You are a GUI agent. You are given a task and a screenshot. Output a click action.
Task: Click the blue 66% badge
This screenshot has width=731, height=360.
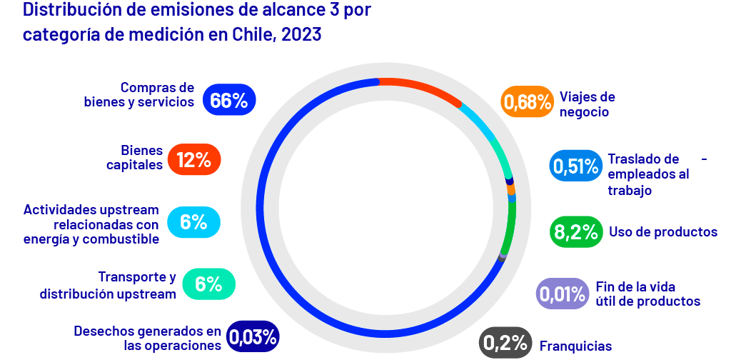point(229,101)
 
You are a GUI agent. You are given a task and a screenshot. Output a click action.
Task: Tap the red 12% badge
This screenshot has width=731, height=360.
point(194,160)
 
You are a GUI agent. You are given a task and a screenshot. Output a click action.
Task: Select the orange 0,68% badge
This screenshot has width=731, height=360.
point(528,102)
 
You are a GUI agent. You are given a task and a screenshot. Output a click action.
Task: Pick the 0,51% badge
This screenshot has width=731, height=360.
point(575,166)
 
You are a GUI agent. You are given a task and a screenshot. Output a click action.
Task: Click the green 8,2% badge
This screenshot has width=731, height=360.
point(575,232)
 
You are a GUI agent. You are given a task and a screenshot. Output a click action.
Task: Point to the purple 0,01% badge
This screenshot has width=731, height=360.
point(562,294)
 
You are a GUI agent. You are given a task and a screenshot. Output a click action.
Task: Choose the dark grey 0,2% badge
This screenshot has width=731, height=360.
point(505,343)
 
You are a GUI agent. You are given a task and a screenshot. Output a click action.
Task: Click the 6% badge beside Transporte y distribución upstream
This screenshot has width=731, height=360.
point(208,284)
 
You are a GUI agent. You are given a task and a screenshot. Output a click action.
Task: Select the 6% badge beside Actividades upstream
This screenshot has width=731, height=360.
point(193,222)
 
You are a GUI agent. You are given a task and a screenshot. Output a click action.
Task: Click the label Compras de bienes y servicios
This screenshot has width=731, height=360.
point(139,94)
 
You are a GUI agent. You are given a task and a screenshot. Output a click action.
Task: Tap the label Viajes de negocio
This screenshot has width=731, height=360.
point(587,104)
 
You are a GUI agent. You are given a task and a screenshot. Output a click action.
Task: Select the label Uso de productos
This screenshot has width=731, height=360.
point(662,232)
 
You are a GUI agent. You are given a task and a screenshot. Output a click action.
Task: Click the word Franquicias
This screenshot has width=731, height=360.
point(575,346)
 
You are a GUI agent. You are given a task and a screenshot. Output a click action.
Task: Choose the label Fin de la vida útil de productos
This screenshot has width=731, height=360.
point(647,294)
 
